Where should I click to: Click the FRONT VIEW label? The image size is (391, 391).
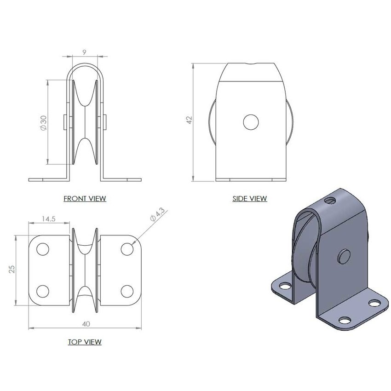tap(85, 199)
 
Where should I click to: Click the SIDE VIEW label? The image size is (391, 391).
tap(250, 199)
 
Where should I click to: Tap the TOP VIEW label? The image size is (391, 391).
tap(85, 342)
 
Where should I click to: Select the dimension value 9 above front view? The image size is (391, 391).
tap(84, 52)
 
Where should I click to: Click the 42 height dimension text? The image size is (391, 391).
tap(189, 121)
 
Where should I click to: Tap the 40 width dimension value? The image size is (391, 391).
tap(86, 324)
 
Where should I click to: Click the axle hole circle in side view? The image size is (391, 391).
tap(251, 122)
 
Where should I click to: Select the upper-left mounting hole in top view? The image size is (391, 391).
tap(42, 249)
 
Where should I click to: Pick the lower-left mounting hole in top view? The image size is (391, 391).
tap(42, 291)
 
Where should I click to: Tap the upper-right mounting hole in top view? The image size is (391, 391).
tap(127, 249)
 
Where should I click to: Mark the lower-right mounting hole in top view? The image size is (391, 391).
tap(127, 291)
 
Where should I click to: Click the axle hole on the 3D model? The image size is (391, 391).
tap(344, 256)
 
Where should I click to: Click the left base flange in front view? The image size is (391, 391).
tap(48, 179)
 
